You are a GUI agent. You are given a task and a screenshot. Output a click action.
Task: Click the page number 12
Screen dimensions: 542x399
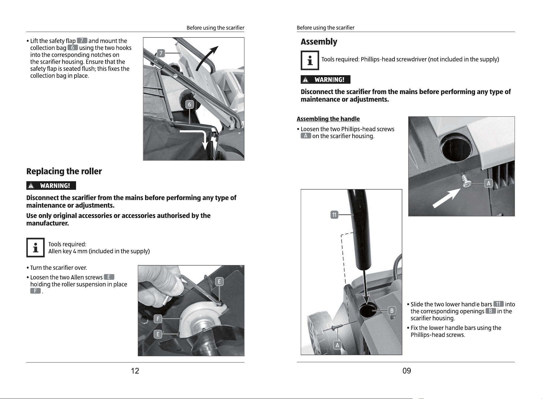click(x=135, y=371)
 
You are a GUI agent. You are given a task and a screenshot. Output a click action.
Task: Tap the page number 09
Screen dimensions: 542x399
click(x=407, y=371)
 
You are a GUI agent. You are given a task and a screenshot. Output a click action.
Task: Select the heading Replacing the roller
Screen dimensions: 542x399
click(x=64, y=171)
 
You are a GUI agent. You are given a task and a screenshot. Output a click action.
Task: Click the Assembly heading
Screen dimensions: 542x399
click(x=319, y=42)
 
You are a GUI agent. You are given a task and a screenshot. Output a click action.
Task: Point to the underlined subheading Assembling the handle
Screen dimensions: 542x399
click(x=328, y=119)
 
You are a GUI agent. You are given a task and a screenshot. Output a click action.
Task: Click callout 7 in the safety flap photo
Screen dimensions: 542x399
click(x=161, y=53)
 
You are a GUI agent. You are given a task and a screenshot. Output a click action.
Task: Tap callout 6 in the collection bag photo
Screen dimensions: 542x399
click(x=189, y=105)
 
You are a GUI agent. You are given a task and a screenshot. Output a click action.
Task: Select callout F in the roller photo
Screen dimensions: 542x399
click(x=158, y=319)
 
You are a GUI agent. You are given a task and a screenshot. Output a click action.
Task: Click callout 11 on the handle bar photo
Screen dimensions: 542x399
click(x=334, y=215)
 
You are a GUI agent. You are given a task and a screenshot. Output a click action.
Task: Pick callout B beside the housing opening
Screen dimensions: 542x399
click(x=392, y=311)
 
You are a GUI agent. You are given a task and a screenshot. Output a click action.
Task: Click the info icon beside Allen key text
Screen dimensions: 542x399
click(x=35, y=247)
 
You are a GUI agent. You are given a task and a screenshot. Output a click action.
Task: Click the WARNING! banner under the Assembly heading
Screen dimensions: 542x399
click(x=325, y=80)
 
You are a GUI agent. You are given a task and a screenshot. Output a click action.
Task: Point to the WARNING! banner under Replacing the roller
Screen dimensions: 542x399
click(x=51, y=185)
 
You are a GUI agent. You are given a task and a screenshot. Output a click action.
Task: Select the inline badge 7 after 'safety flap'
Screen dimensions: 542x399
click(x=82, y=40)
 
